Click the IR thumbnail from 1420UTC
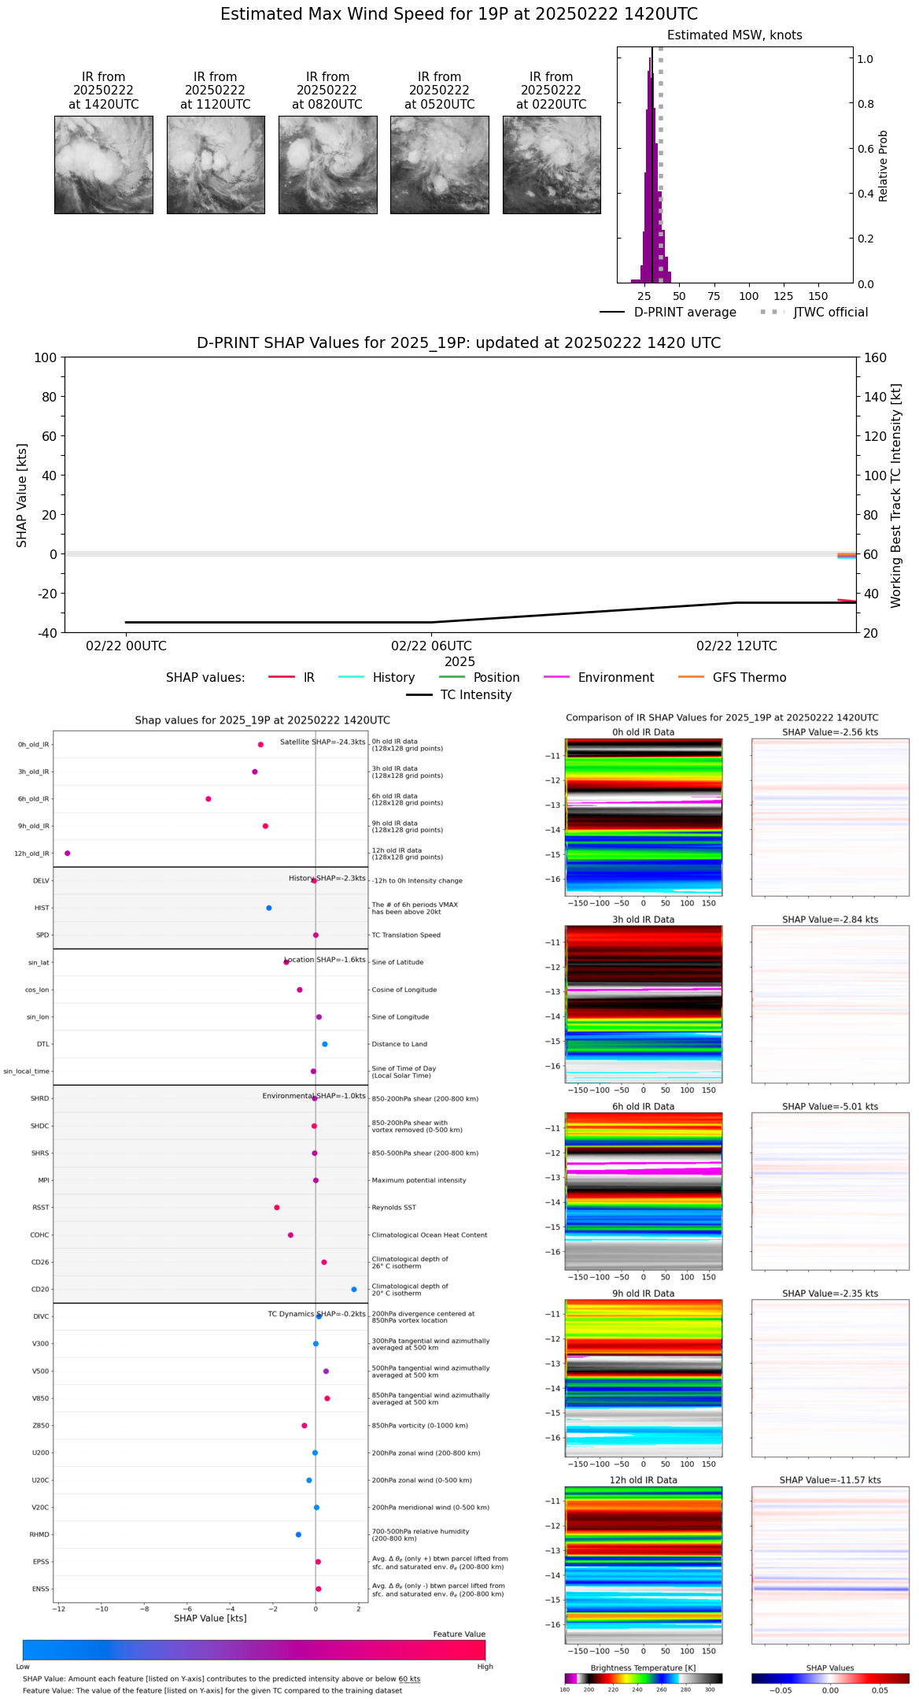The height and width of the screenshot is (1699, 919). click(x=103, y=165)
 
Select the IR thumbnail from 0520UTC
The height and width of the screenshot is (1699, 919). click(x=439, y=165)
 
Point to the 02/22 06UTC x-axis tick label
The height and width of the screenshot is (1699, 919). click(x=431, y=646)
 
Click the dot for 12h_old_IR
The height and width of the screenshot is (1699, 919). click(x=68, y=853)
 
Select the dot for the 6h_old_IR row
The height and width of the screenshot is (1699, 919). click(x=209, y=799)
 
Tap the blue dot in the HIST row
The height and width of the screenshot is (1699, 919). click(x=269, y=908)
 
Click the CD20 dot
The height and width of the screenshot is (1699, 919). click(x=354, y=1290)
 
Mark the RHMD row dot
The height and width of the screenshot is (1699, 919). click(x=298, y=1534)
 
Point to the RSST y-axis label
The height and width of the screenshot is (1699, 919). click(x=40, y=1208)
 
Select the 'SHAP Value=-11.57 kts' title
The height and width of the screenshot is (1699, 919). click(x=830, y=1480)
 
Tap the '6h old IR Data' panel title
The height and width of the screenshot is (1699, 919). click(x=643, y=1106)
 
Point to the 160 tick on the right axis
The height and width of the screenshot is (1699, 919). click(x=876, y=357)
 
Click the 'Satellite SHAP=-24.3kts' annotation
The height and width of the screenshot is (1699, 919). click(x=323, y=742)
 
